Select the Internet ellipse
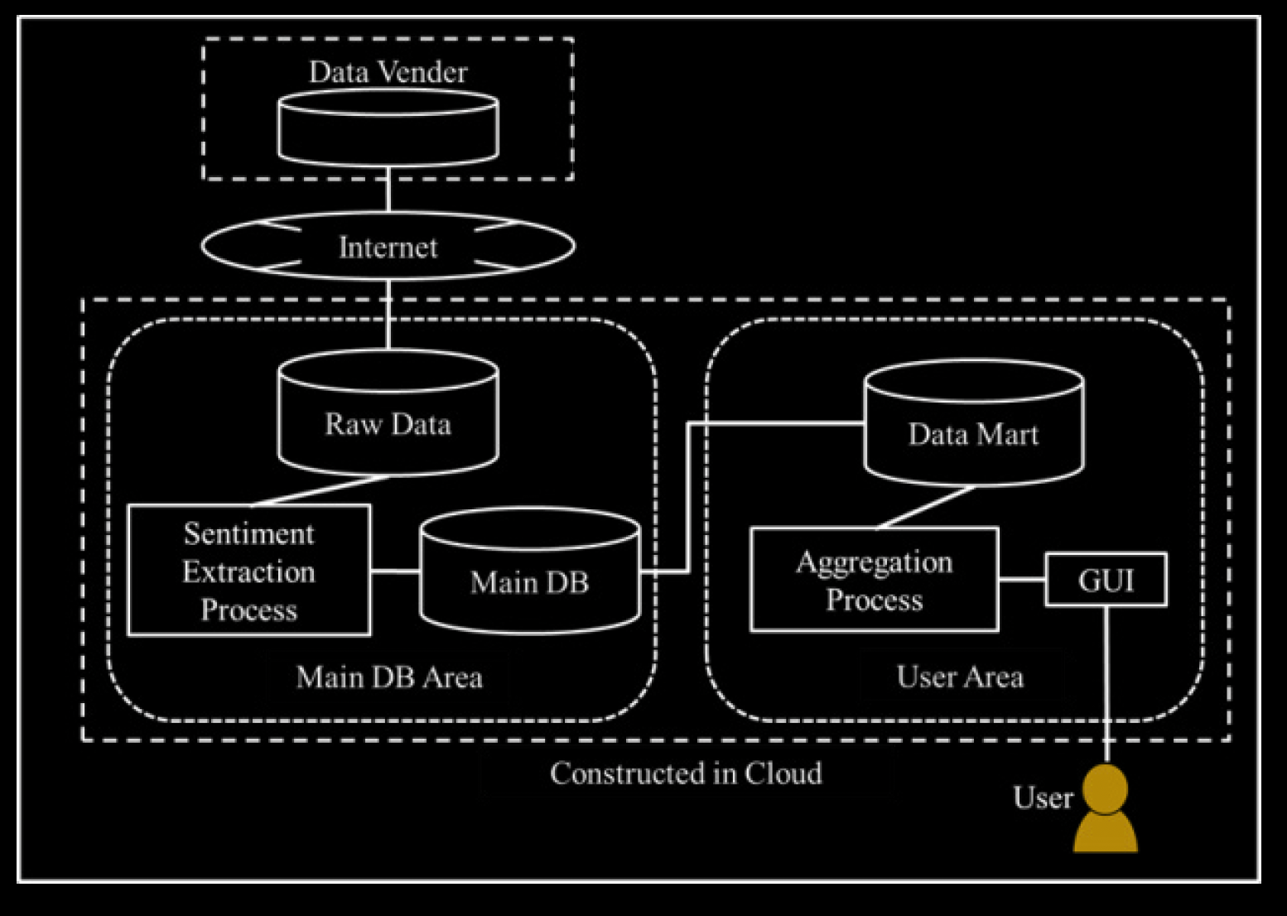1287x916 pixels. click(388, 247)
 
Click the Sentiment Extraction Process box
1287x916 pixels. click(248, 571)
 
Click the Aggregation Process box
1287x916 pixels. click(874, 580)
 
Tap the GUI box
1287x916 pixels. click(1106, 580)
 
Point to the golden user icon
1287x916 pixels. click(1106, 812)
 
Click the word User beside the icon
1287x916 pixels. click(1043, 798)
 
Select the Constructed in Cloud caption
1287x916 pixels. click(686, 774)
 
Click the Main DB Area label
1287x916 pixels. click(389, 677)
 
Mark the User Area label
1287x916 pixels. click(960, 677)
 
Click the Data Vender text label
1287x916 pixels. click(388, 72)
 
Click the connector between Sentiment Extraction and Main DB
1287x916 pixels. click(395, 571)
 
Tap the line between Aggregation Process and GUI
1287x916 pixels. click(1022, 579)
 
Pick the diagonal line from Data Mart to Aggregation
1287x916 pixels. click(926, 507)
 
